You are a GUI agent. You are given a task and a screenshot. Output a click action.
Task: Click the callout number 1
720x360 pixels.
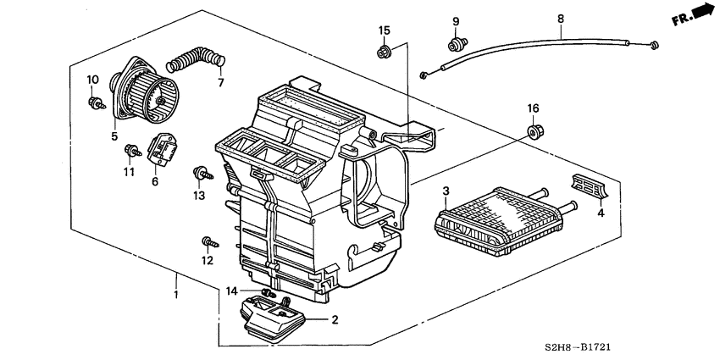pos(176,293)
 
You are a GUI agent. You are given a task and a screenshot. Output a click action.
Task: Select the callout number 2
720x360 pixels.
pos(335,320)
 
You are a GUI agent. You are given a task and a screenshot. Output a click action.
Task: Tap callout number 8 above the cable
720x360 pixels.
pos(560,16)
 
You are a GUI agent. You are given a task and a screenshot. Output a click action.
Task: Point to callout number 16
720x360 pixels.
pos(533,108)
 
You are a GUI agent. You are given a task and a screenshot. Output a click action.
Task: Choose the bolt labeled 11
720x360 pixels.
pos(130,152)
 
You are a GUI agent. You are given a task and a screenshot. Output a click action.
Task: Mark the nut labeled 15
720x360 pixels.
pos(384,53)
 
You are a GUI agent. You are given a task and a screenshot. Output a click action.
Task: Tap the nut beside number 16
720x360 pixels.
pos(534,131)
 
